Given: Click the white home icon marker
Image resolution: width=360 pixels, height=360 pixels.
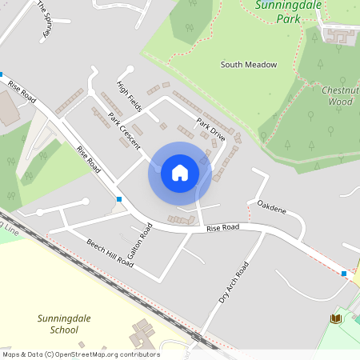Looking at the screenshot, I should tap(180, 172).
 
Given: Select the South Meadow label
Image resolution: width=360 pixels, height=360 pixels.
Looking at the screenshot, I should tap(249, 64).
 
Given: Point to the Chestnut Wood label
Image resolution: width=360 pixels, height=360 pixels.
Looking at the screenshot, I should tap(337, 96).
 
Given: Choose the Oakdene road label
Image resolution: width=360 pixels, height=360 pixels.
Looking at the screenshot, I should tap(271, 211).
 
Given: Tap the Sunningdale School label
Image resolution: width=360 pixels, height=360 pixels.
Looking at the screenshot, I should tap(58, 323).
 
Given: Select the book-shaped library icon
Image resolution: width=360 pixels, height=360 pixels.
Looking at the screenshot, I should tap(336, 318).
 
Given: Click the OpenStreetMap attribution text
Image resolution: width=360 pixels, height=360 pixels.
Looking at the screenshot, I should tap(80, 354).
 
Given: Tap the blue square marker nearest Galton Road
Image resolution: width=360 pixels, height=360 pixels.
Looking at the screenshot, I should tap(119, 198).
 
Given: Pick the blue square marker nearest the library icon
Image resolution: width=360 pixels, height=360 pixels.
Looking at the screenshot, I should tap(344, 274).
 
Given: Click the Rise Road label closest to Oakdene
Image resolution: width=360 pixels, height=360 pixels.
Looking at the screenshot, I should tap(223, 229).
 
